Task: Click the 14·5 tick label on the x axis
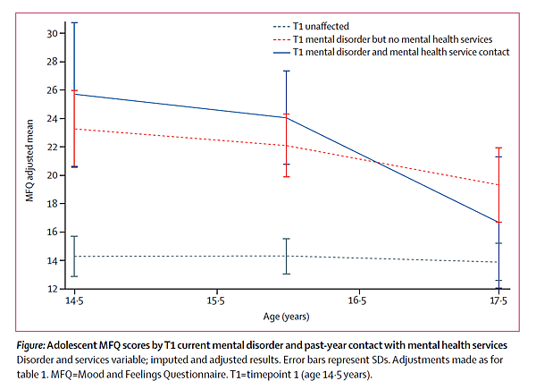(x=73, y=302)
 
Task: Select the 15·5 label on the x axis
(x=215, y=302)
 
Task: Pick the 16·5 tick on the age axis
(x=356, y=302)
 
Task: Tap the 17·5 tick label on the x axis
(x=498, y=302)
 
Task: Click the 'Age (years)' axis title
(x=285, y=317)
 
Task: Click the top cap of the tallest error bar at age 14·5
(x=73, y=22)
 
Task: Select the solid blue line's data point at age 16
(x=286, y=118)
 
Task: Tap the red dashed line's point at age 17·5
(x=498, y=184)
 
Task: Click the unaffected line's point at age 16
(x=286, y=256)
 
